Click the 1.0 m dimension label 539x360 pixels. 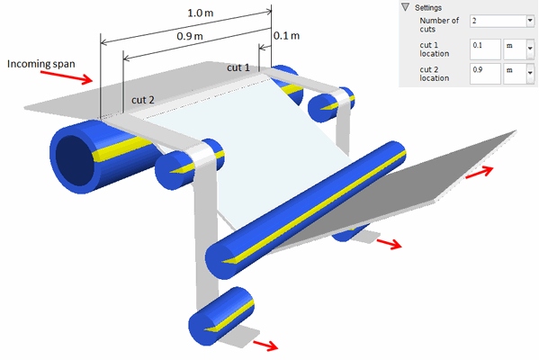[x=200, y=13]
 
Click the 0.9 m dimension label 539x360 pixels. [x=189, y=36]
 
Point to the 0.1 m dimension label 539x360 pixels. [x=286, y=35]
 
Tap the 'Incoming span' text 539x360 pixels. [x=40, y=64]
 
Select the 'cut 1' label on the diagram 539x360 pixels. [x=238, y=67]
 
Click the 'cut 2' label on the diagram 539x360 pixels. [x=143, y=100]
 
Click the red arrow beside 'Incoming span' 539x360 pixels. [x=67, y=77]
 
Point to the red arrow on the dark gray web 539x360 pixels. [x=480, y=172]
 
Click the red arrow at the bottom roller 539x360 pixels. [x=265, y=346]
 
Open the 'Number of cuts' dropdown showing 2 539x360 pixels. [x=502, y=21]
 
